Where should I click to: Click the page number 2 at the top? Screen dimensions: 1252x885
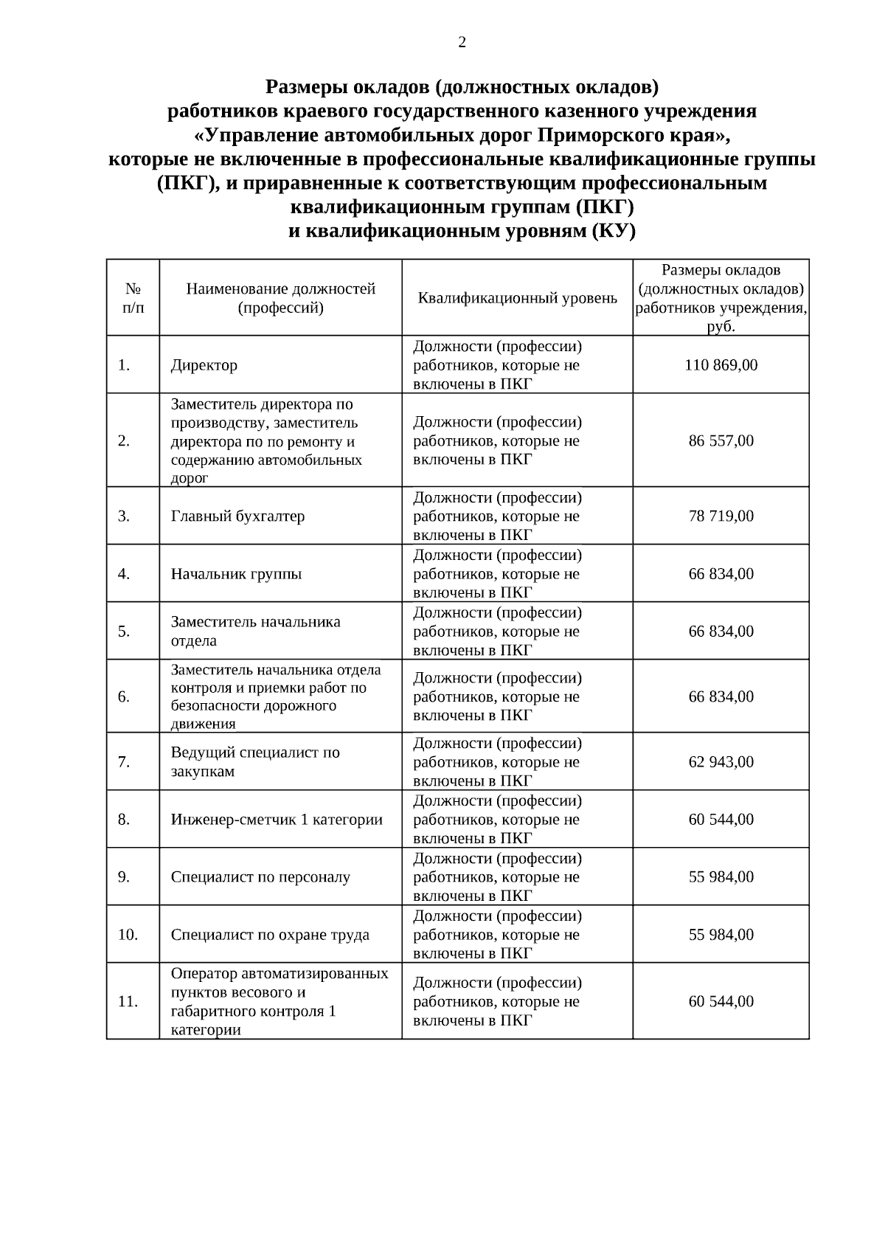pyautogui.click(x=462, y=43)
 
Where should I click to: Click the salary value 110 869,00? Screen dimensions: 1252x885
pyautogui.click(x=721, y=365)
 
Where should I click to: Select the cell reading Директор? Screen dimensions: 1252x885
pyautogui.click(x=204, y=365)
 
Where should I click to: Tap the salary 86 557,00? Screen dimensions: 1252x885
pyautogui.click(x=721, y=440)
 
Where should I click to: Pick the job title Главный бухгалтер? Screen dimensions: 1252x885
pyautogui.click(x=237, y=516)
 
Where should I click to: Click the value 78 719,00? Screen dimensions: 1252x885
pyautogui.click(x=721, y=516)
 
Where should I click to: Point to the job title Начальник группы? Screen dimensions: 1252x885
pyautogui.click(x=236, y=573)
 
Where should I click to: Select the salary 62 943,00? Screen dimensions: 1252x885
pyautogui.click(x=721, y=761)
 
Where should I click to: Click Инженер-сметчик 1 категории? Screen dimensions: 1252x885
pyautogui.click(x=277, y=819)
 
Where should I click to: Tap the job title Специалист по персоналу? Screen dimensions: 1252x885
pyautogui.click(x=260, y=876)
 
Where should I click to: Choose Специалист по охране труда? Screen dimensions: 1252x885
pyautogui.click(x=270, y=934)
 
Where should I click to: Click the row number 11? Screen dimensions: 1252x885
pyautogui.click(x=128, y=1001)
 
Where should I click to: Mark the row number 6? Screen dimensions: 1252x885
pyautogui.click(x=124, y=696)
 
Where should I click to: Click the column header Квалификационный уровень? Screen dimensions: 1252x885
pyautogui.click(x=517, y=298)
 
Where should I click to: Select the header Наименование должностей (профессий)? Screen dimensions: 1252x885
pyautogui.click(x=280, y=298)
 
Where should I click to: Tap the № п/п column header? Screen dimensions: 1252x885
pyautogui.click(x=133, y=298)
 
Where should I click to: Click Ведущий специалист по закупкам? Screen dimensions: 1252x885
pyautogui.click(x=255, y=761)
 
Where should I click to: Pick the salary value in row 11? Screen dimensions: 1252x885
pyautogui.click(x=721, y=1001)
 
